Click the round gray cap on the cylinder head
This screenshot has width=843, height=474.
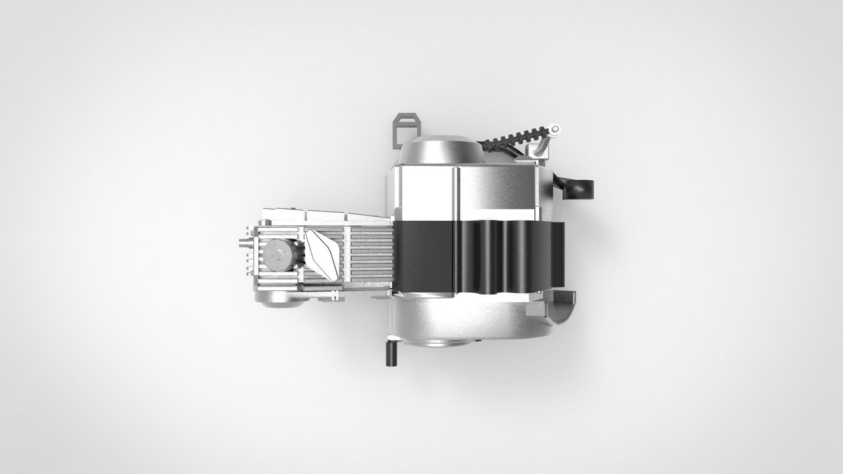click(x=277, y=255)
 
